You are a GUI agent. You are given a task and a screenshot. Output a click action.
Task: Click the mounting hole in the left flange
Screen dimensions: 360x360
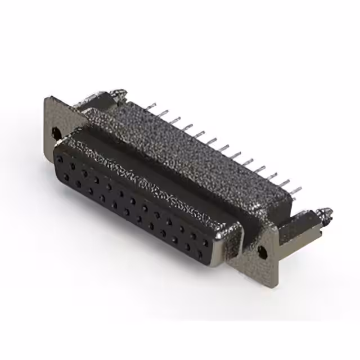[x=56, y=133]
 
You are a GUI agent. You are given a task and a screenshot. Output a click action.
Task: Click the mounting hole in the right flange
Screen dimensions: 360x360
[x=261, y=251]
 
